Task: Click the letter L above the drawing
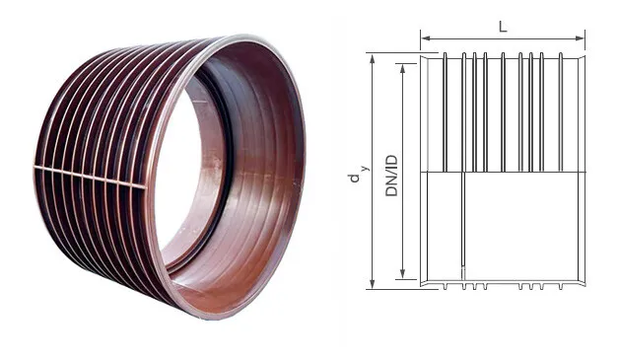pyautogui.click(x=503, y=27)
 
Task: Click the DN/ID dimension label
pyautogui.click(x=390, y=171)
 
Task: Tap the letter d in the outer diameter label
pyautogui.click(x=353, y=178)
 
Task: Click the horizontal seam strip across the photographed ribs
pyautogui.click(x=89, y=176)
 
